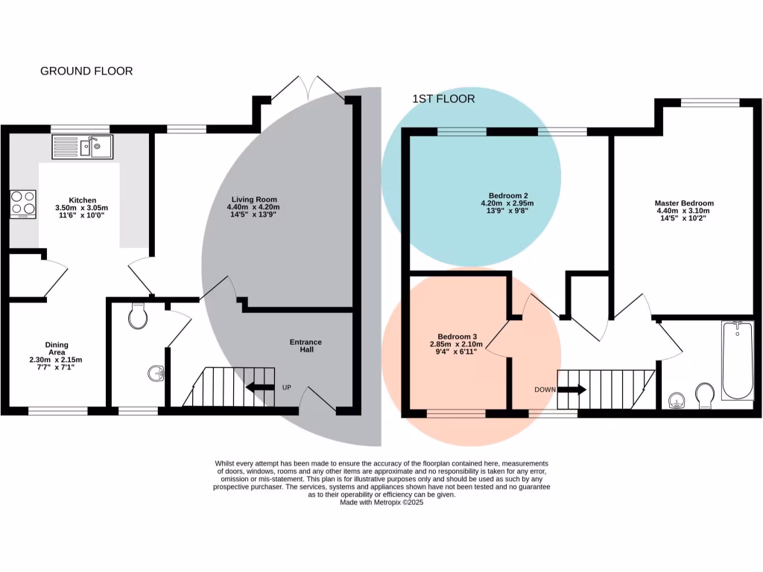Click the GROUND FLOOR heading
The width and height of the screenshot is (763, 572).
pos(86,71)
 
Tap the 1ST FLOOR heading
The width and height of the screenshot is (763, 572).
pos(443,99)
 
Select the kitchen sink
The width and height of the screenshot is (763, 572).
pos(82,147)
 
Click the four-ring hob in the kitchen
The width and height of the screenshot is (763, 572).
pos(23,203)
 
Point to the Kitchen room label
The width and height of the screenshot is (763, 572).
pos(83,200)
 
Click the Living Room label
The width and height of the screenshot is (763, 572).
pos(254,200)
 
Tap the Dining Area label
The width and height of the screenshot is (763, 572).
pos(57,349)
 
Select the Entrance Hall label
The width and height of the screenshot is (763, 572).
pos(306,346)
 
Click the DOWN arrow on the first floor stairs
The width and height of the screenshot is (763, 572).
pos(572,389)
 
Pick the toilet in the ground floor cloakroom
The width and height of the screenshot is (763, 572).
pos(137,317)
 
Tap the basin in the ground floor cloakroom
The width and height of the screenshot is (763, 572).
pos(156,372)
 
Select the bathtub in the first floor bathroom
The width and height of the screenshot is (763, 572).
pos(738,360)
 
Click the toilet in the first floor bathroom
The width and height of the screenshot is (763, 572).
pos(703,395)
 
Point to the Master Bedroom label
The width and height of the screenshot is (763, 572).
pos(684,203)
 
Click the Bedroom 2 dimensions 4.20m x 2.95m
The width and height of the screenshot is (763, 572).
pos(506,203)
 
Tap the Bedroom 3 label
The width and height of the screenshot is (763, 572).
pos(457,335)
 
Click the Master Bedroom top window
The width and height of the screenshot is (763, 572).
pos(710,103)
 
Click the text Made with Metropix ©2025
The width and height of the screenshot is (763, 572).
pos(381,503)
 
